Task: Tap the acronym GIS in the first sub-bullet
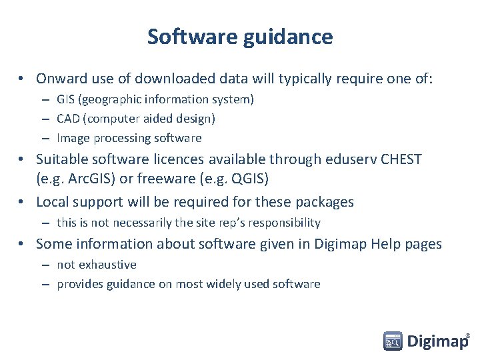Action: click(x=65, y=99)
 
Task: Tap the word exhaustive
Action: click(x=106, y=265)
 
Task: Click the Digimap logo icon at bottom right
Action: click(x=393, y=341)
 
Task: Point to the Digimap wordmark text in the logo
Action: click(x=437, y=341)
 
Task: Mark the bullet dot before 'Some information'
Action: click(x=22, y=245)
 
